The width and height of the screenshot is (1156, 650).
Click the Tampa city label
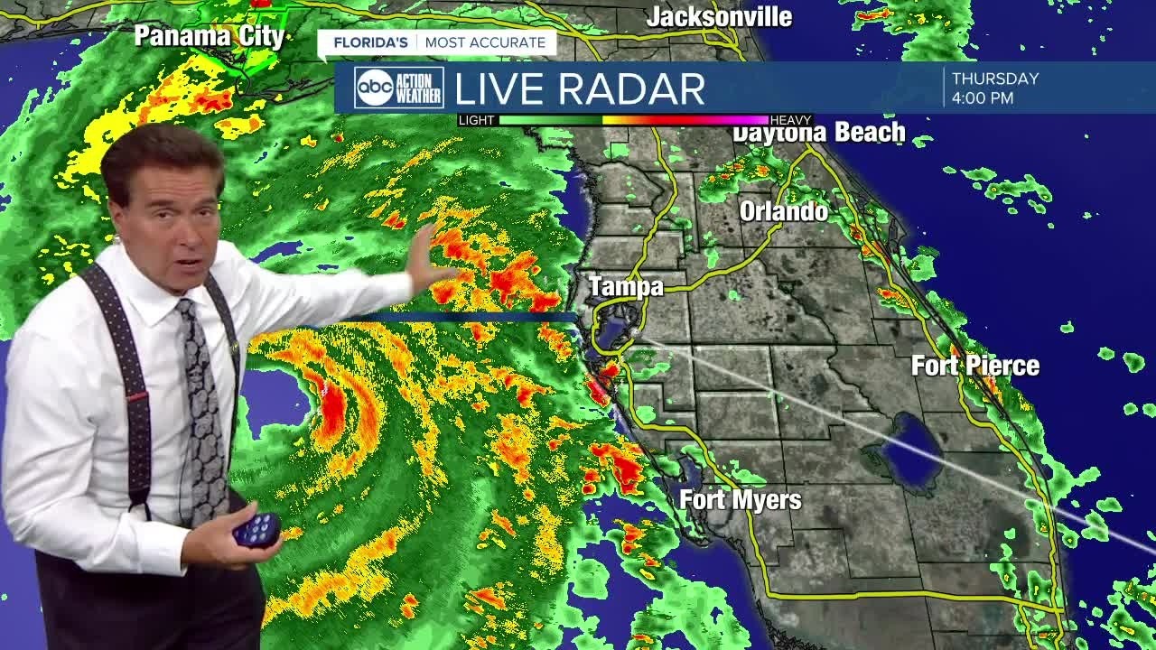(626, 287)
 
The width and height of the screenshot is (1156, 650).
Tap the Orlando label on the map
(783, 211)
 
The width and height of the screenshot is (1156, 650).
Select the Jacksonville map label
(719, 16)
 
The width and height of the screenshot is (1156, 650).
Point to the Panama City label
(210, 36)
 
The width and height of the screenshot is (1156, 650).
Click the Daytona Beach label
(818, 133)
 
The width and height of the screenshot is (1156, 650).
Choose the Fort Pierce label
(974, 366)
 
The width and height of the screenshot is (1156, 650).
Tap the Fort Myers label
(741, 499)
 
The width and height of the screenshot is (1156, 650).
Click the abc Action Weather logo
(398, 88)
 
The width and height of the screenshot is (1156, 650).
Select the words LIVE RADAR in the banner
(579, 88)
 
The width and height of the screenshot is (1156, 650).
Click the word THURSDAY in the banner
(995, 79)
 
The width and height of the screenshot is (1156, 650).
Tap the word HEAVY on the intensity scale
(791, 120)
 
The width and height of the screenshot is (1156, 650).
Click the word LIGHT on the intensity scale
(477, 120)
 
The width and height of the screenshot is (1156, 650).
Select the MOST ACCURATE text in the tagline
(485, 42)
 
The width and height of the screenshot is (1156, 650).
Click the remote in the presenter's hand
(257, 528)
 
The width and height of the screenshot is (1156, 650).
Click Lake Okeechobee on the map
(912, 449)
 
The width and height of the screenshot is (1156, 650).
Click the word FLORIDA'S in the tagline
(370, 42)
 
